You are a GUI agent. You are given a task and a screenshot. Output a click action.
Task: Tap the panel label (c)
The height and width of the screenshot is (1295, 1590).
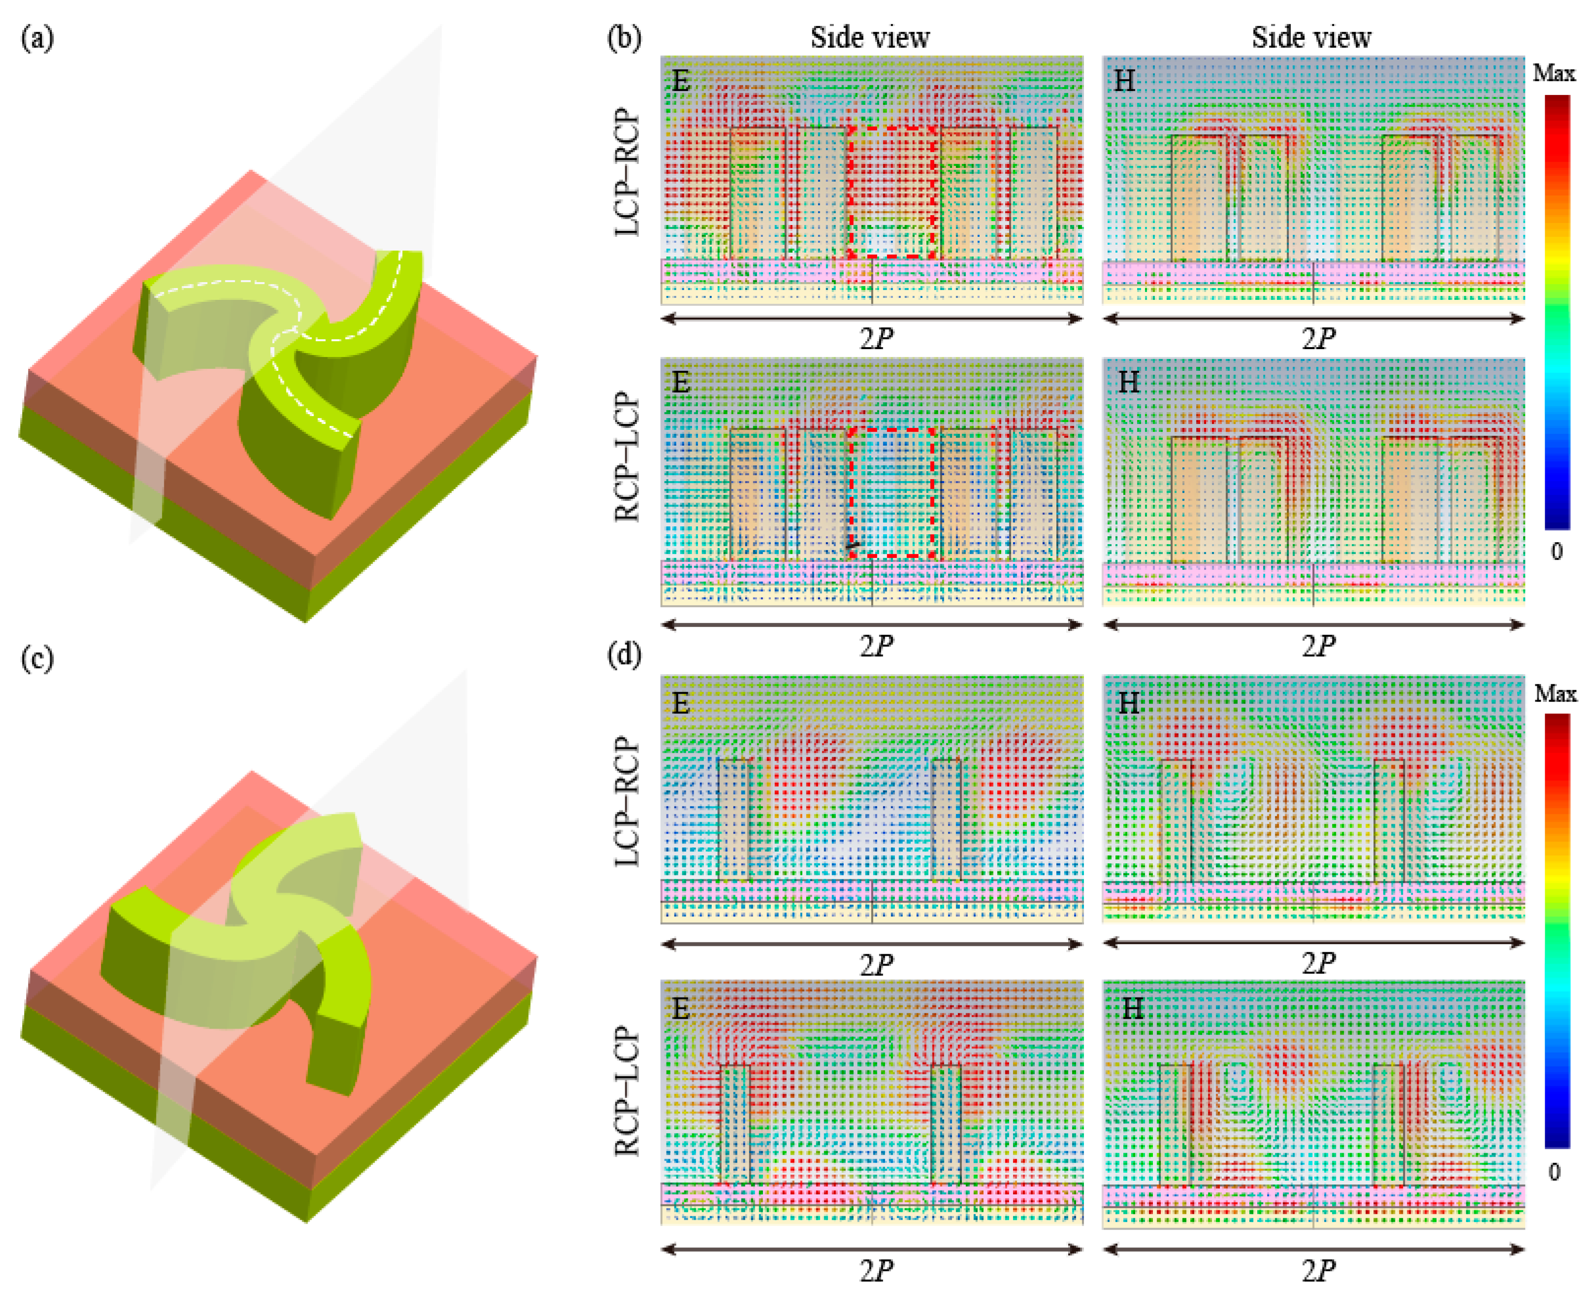pos(37,659)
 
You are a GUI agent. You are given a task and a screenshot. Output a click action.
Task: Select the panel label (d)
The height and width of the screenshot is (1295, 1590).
pos(624,655)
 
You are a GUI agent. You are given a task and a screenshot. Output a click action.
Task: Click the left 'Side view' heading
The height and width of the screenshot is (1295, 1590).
pos(870,37)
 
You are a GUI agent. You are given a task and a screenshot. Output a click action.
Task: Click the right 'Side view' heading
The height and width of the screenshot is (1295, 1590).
pos(1310,37)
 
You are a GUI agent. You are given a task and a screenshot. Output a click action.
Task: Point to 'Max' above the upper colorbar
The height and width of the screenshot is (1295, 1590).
pos(1554,73)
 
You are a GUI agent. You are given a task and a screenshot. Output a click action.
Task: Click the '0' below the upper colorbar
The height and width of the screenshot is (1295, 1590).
pos(1557,551)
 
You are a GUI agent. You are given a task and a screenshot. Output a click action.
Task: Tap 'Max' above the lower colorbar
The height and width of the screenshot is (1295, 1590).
pos(1555,694)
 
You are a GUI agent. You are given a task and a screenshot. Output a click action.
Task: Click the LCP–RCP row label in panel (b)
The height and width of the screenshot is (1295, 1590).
pos(627,173)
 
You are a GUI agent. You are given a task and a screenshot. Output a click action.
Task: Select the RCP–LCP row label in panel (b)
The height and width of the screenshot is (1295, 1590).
pos(627,456)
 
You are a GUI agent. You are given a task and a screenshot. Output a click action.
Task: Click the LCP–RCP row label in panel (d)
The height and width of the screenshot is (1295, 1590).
pos(627,802)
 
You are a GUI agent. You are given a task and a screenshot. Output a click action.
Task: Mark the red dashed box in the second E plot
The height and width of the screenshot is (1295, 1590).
pos(892,492)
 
